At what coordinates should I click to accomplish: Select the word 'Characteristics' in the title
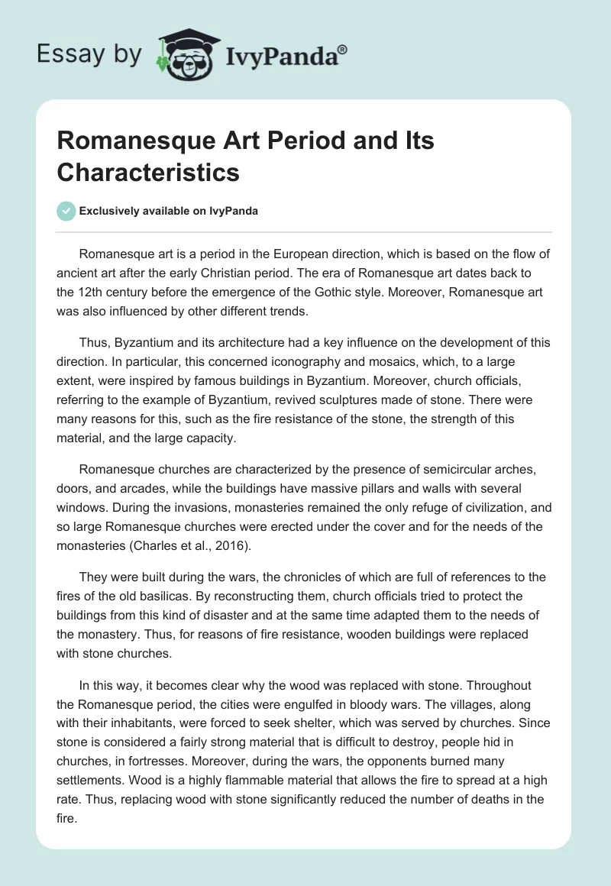[148, 172]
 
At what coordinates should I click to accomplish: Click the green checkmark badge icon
[66, 211]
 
